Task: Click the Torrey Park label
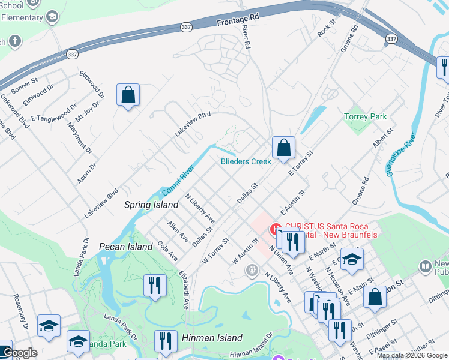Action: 365,116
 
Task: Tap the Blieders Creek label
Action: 246,161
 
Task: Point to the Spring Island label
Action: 151,205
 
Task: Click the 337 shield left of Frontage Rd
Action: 187,27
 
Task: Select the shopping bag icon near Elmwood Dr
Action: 128,95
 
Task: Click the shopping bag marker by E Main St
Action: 375,296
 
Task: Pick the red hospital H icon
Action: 276,228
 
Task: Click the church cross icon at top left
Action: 15,42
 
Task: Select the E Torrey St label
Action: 301,164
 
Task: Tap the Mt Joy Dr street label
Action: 90,111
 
